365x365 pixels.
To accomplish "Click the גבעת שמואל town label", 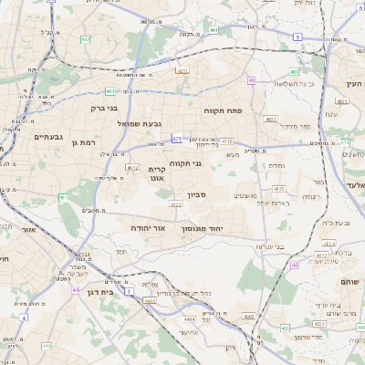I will coord(138,123).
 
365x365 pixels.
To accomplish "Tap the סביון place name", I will coord(198,195).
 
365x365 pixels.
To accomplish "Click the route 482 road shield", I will coord(85,40).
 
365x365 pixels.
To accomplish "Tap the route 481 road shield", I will coord(110,91).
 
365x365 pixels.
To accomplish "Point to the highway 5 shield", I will coord(297,36).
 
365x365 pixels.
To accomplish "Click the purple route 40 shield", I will coord(251,80).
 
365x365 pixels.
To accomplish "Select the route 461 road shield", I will coord(63,197).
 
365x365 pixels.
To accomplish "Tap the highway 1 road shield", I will coord(130,290).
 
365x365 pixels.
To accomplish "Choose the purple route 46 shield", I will coord(295,265).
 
